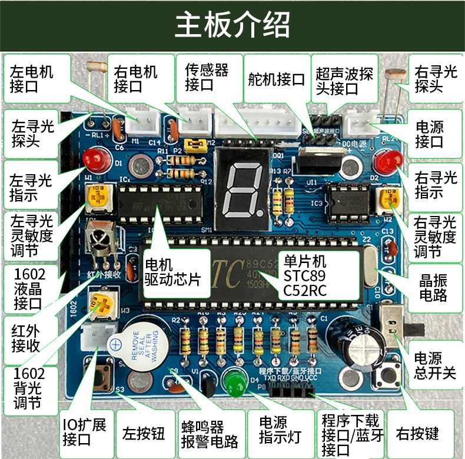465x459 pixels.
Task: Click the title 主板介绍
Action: pos(232,24)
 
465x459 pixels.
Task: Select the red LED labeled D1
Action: pos(93,158)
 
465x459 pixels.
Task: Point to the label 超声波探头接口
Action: pos(344,81)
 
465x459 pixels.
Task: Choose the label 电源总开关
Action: pos(435,365)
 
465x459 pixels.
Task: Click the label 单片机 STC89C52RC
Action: pos(305,275)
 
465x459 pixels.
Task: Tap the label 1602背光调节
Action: pos(26,388)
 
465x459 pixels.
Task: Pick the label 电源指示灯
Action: pos(281,430)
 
